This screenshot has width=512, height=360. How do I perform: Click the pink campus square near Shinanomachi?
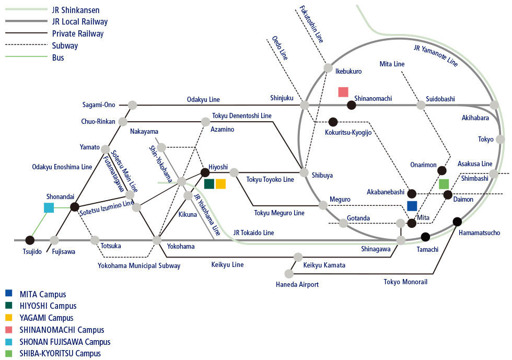[343, 92]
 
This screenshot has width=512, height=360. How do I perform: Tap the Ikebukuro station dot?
[328, 67]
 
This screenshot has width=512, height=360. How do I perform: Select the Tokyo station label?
[485, 139]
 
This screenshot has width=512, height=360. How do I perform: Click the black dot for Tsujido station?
[30, 240]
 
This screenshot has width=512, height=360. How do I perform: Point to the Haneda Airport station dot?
[288, 273]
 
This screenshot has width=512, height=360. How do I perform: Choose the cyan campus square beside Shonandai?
[49, 208]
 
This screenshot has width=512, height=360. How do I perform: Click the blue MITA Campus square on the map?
[412, 206]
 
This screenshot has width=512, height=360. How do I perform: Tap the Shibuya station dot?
[304, 172]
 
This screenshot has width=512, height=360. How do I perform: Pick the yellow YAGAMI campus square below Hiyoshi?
[220, 184]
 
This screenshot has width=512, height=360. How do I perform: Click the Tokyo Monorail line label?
[405, 282]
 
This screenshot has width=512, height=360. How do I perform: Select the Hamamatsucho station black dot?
[457, 221]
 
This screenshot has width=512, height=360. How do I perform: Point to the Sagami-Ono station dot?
[132, 105]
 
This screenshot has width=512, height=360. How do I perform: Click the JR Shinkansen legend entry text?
[76, 10]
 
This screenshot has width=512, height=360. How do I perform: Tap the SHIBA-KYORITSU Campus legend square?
[8, 353]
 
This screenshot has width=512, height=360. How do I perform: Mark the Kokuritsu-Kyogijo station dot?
[333, 122]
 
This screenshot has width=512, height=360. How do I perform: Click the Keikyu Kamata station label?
[324, 265]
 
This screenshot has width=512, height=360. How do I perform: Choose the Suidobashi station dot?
[421, 105]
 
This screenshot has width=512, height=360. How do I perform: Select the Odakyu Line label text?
[203, 99]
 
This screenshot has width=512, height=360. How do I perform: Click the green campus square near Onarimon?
[444, 184]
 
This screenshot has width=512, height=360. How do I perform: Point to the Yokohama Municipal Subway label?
[139, 265]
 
